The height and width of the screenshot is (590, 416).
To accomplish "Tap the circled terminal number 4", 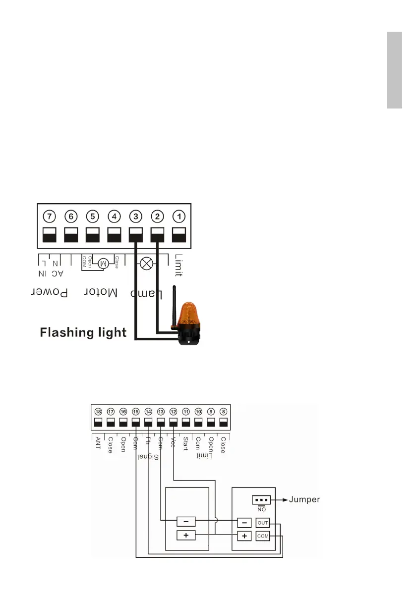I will click(115, 216).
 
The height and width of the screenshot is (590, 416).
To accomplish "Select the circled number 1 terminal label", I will click(179, 216).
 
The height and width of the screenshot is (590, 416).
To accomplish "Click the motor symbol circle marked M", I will click(104, 263).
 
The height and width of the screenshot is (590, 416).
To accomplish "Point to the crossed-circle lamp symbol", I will click(146, 263).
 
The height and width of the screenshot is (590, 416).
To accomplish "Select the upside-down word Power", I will click(50, 292).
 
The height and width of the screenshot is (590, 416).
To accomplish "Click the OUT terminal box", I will click(262, 523).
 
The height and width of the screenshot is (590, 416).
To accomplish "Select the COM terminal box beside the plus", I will click(262, 536).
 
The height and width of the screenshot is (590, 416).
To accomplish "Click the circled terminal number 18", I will click(98, 412).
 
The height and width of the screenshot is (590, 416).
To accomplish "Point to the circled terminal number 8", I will click(223, 412).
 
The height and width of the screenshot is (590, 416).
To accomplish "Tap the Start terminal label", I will click(185, 442).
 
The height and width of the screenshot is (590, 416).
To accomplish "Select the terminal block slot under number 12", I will click(173, 423).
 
